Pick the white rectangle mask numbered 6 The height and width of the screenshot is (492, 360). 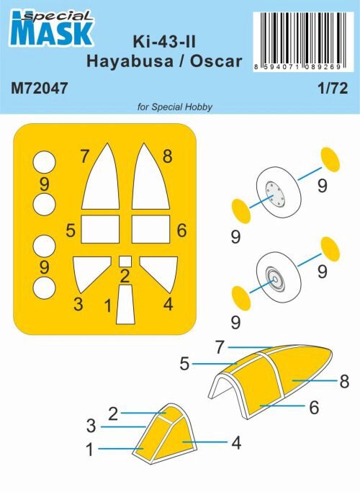point(151,230)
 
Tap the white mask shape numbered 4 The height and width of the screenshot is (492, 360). point(156,272)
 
